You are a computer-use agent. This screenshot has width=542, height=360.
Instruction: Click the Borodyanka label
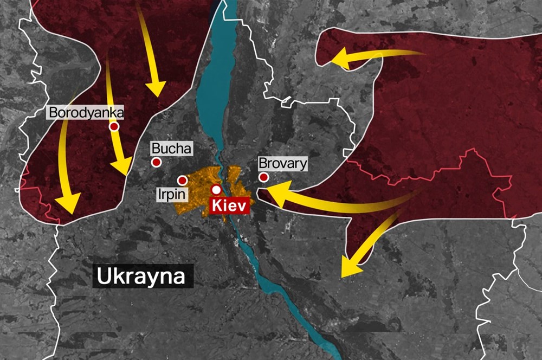tap(86, 113)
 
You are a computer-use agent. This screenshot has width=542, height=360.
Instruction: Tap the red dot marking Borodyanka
tap(114, 126)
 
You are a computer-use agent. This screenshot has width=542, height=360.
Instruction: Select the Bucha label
tap(171, 148)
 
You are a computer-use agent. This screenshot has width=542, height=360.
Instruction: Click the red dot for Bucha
tap(157, 162)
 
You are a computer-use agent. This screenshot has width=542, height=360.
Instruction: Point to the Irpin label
tap(172, 194)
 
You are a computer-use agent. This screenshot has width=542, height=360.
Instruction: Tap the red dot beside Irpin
tap(183, 180)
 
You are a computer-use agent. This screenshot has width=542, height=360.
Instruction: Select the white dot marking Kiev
tap(216, 189)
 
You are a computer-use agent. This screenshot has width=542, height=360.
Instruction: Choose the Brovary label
tap(282, 163)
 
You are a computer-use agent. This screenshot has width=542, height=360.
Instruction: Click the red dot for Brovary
tap(264, 177)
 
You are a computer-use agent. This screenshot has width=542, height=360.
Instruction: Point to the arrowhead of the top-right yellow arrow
tap(339, 58)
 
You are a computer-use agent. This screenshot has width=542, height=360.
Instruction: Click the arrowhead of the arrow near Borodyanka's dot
tap(124, 165)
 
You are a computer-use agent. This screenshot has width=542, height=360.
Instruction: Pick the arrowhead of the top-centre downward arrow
tap(157, 87)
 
